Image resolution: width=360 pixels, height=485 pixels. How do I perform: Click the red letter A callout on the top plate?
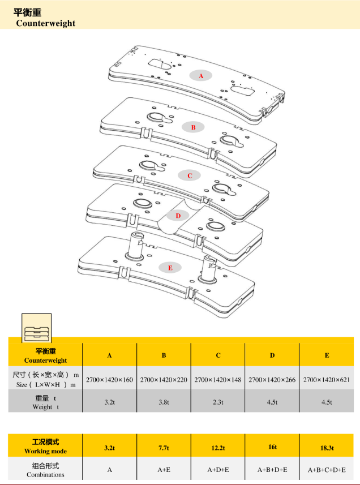pos(200,75)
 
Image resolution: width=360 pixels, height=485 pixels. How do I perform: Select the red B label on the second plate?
pos(193,127)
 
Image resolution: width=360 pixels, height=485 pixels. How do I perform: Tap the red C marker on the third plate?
pos(190,175)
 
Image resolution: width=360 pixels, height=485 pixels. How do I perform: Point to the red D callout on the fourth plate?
pos(178,216)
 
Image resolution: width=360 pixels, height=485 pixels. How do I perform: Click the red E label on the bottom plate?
pos(170,267)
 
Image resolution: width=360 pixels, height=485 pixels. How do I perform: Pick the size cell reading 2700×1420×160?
pos(109,379)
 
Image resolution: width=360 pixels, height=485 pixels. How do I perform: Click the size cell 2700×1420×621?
pos(327,379)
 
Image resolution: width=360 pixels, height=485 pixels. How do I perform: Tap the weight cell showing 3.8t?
pos(164,402)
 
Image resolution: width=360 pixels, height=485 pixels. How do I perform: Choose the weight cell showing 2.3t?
pos(218,402)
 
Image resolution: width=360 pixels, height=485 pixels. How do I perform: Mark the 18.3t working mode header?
pos(327,448)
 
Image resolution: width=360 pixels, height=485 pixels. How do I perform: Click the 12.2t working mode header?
pos(218,448)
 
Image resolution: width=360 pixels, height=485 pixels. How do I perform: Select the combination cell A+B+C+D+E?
pos(327,470)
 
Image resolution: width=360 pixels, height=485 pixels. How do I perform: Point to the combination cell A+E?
pos(164,470)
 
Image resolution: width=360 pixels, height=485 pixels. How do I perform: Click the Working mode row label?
pos(45,446)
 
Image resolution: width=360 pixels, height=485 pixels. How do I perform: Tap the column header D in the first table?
pos(272,355)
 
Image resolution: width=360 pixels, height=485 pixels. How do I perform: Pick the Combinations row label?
pos(45,470)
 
